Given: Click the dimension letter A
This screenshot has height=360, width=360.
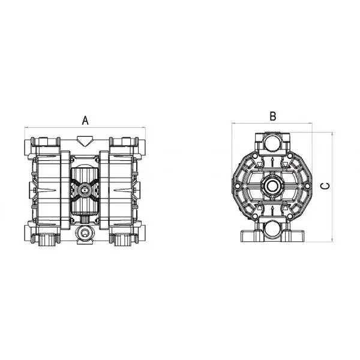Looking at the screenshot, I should pyautogui.click(x=85, y=119).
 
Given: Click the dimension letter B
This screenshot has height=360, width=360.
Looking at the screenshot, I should pyautogui.click(x=272, y=116).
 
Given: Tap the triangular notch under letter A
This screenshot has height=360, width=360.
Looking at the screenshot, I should pyautogui.click(x=85, y=141).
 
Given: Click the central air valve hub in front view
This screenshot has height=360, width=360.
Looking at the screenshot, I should pyautogui.click(x=85, y=189).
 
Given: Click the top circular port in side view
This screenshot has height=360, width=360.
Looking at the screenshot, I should pyautogui.click(x=273, y=143).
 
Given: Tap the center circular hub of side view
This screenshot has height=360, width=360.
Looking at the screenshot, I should pyautogui.click(x=273, y=186).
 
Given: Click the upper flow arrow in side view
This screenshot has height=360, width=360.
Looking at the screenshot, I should pyautogui.click(x=273, y=161).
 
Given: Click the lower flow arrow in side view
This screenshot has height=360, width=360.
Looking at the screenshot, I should pyautogui.click(x=273, y=209).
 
